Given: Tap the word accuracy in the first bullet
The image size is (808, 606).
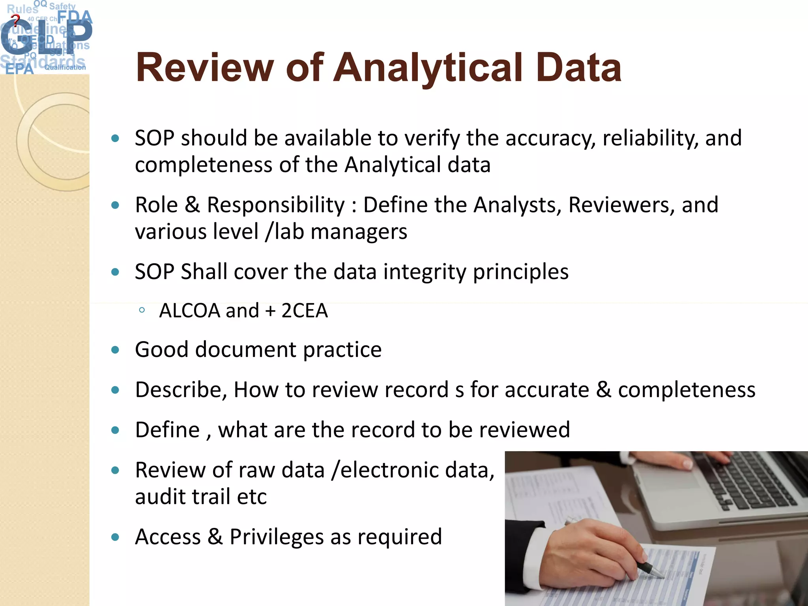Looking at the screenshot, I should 550,139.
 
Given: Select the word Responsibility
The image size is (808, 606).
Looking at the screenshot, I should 276,205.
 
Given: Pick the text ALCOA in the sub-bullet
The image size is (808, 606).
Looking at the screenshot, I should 189,311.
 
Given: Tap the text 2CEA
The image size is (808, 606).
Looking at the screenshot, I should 304,311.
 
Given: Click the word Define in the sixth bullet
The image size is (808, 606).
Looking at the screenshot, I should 167,430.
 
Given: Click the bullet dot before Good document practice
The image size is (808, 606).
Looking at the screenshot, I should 115,350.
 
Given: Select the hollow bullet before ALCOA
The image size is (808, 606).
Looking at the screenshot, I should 142,310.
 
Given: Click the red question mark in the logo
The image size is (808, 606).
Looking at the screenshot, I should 15,20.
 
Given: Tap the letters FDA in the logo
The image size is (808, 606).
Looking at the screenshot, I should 75,17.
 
